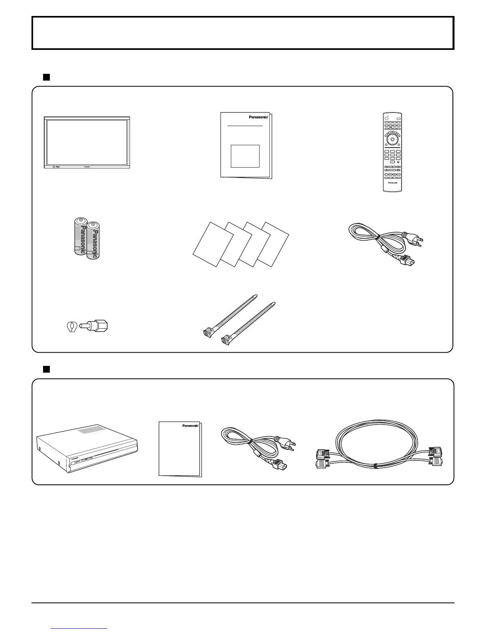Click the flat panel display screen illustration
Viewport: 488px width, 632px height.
coord(87,142)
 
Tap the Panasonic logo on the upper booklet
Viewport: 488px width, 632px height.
coord(258,117)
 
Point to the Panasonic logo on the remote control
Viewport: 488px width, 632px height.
coord(393,184)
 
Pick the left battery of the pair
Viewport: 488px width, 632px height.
coord(80,236)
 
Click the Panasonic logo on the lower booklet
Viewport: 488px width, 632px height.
coord(190,426)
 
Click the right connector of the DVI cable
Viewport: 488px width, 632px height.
coord(436,457)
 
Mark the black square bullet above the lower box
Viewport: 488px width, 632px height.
coord(46,369)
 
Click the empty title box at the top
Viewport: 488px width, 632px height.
coord(243,33)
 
